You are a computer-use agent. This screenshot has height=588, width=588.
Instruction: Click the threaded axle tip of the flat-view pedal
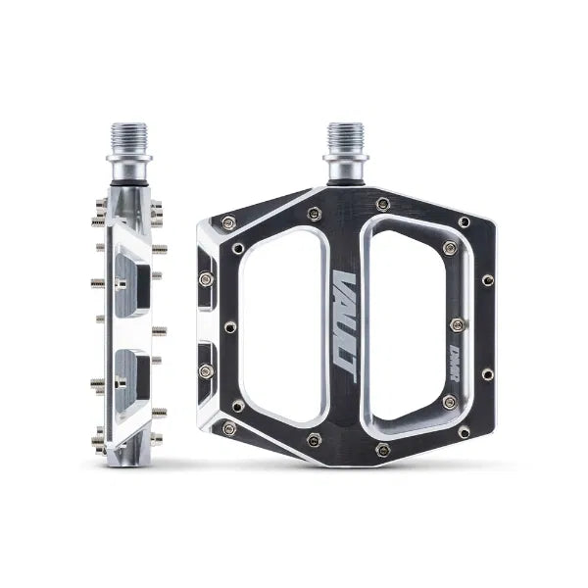[x=344, y=136]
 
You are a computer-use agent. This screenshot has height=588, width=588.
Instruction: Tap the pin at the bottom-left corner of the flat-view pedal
[x=228, y=428]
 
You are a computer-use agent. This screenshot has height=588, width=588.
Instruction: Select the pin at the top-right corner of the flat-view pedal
[x=464, y=222]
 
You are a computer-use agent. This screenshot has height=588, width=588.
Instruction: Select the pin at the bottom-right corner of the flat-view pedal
[x=464, y=431]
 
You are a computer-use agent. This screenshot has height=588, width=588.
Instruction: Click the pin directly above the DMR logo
[x=455, y=324]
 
